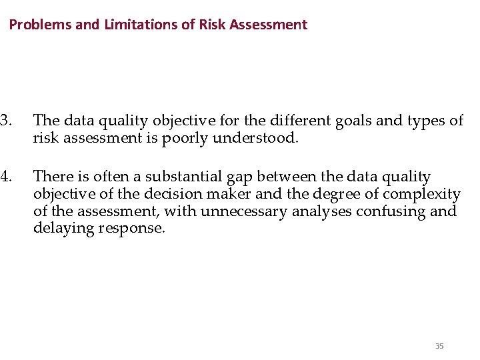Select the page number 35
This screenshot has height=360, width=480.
[439, 345]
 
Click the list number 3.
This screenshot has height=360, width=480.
[5, 121]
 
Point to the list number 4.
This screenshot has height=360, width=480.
[5, 177]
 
